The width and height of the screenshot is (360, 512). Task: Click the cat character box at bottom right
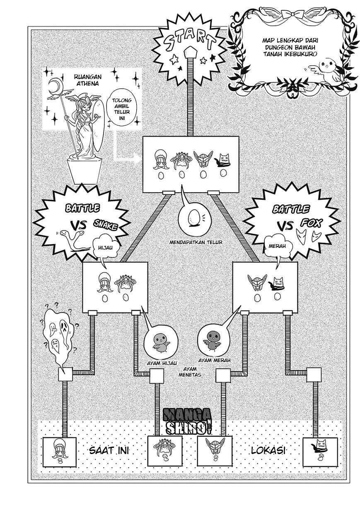coord(318,450)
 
